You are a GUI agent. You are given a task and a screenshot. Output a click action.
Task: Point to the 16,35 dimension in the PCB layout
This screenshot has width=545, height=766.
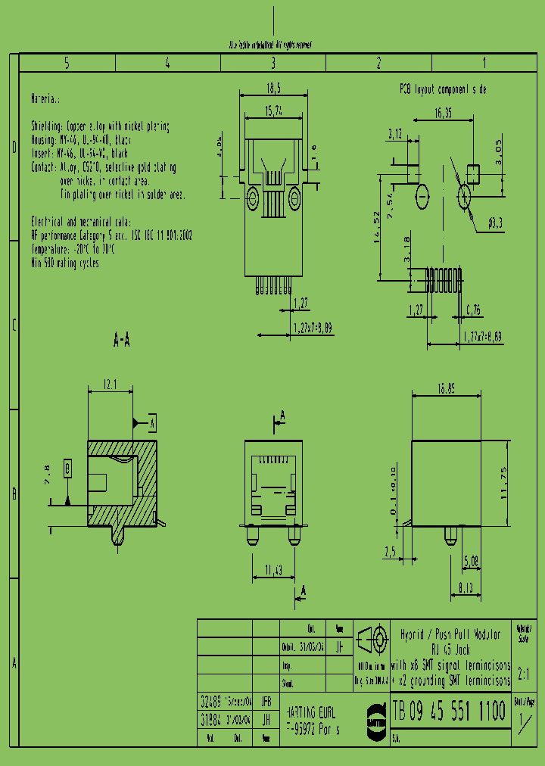pos(444,114)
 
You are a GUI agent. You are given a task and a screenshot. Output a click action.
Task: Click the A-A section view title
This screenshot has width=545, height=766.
pos(121,341)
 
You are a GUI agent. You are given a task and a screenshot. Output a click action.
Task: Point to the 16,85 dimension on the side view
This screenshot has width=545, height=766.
pos(447,388)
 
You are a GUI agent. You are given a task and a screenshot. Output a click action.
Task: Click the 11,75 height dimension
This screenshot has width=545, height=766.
pos(516,482)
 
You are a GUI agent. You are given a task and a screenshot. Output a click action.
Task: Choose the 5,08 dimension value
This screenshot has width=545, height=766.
pos(470,562)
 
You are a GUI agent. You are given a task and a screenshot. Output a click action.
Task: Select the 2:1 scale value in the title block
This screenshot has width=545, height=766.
pos(524,673)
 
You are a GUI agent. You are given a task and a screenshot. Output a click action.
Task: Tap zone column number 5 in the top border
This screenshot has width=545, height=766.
pos(67,64)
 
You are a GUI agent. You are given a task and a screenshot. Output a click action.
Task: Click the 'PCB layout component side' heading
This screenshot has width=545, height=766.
pos(443,89)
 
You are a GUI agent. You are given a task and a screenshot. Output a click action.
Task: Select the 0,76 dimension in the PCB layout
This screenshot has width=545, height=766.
pos(472,310)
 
